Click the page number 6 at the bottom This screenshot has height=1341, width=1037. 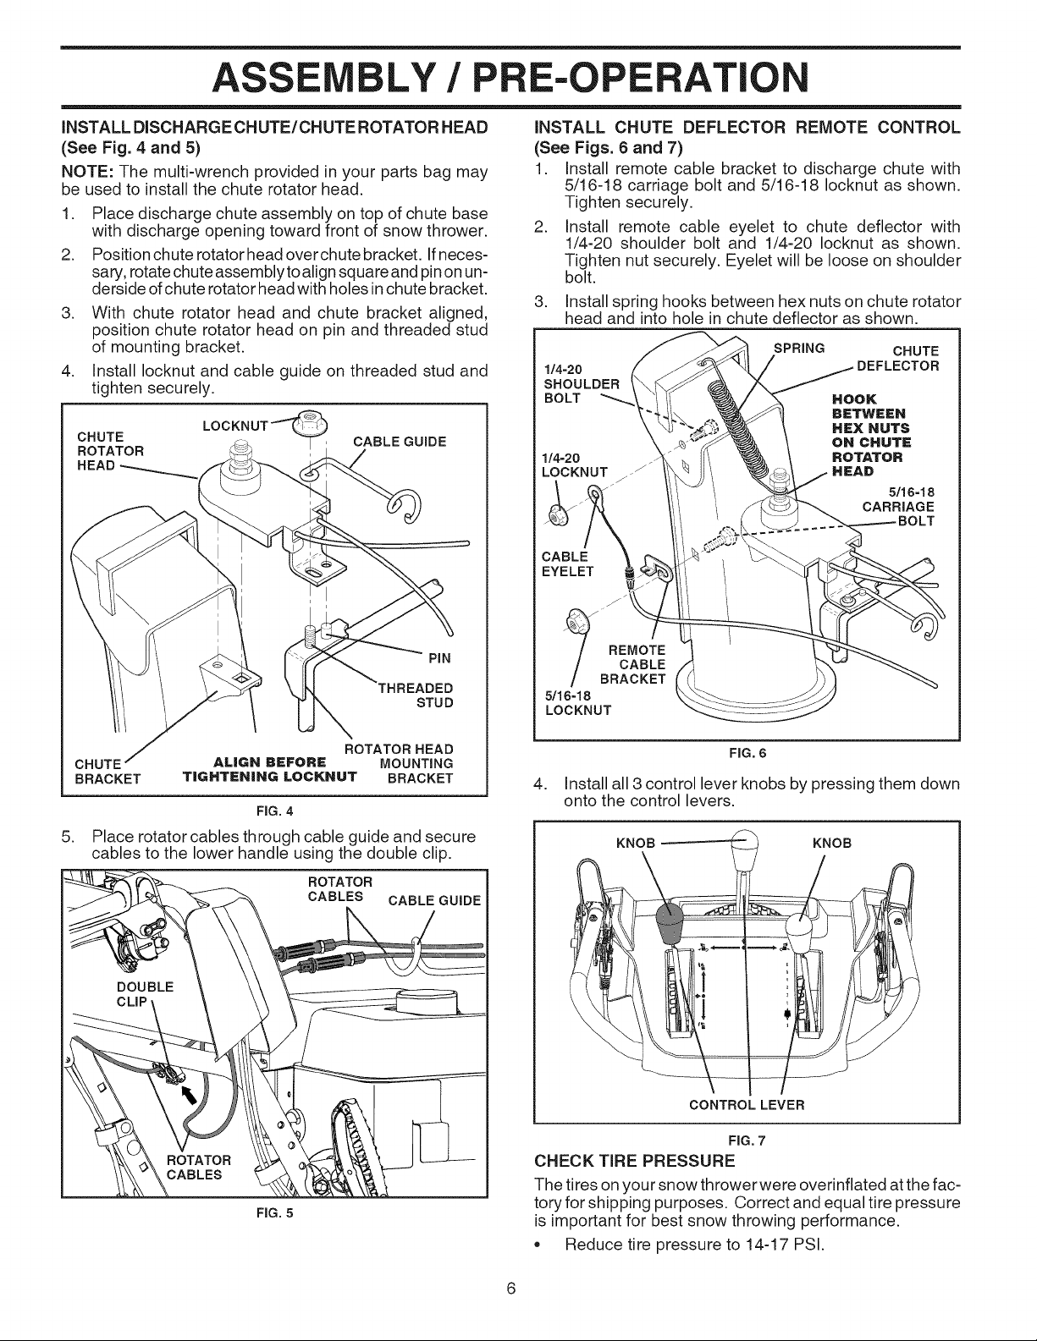(511, 1289)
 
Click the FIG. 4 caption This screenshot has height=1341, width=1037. (274, 811)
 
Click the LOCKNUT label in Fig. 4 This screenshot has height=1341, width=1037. (235, 426)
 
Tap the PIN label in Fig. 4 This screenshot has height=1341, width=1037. (439, 658)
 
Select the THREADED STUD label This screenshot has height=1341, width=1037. (416, 695)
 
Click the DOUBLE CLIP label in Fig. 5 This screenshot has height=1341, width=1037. (145, 994)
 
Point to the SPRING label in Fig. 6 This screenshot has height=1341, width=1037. (799, 348)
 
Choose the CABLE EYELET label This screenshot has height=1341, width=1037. (567, 564)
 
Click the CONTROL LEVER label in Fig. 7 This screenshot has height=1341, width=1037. (747, 1105)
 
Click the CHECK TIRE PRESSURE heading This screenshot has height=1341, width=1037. (635, 1162)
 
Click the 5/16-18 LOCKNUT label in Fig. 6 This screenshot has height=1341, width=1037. (578, 703)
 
